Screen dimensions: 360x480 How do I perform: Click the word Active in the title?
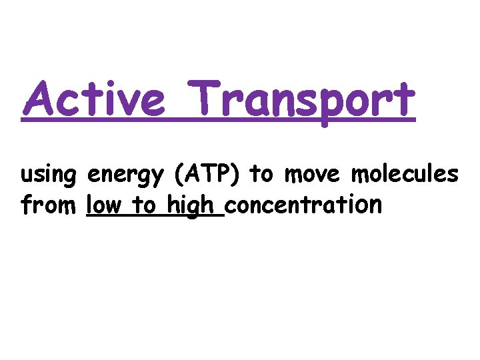pyautogui.click(x=93, y=100)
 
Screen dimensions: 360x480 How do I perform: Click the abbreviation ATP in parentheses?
pyautogui.click(x=209, y=175)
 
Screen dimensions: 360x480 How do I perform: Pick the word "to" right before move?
pyautogui.click(x=261, y=175)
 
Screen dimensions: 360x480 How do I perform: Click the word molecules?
pyautogui.click(x=405, y=175)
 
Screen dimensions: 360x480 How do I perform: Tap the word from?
pyautogui.click(x=49, y=205)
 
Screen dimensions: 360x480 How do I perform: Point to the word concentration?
pyautogui.click(x=304, y=205)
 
